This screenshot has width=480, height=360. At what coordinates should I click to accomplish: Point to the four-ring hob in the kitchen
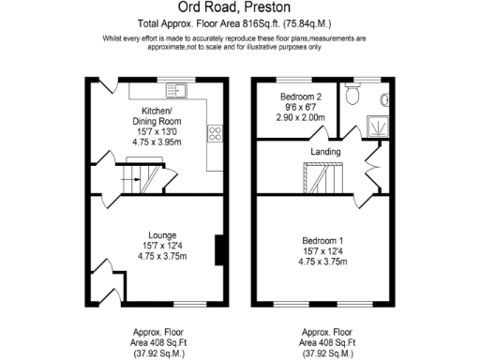point(214,133)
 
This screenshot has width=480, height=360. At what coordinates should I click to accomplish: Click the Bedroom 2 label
point(301,97)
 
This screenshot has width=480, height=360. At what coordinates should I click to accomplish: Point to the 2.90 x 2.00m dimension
point(301,118)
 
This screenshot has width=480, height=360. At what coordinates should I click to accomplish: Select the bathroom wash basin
point(385,99)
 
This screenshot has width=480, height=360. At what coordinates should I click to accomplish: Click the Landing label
point(325,151)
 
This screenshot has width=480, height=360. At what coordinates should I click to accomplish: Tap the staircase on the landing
point(322,177)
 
